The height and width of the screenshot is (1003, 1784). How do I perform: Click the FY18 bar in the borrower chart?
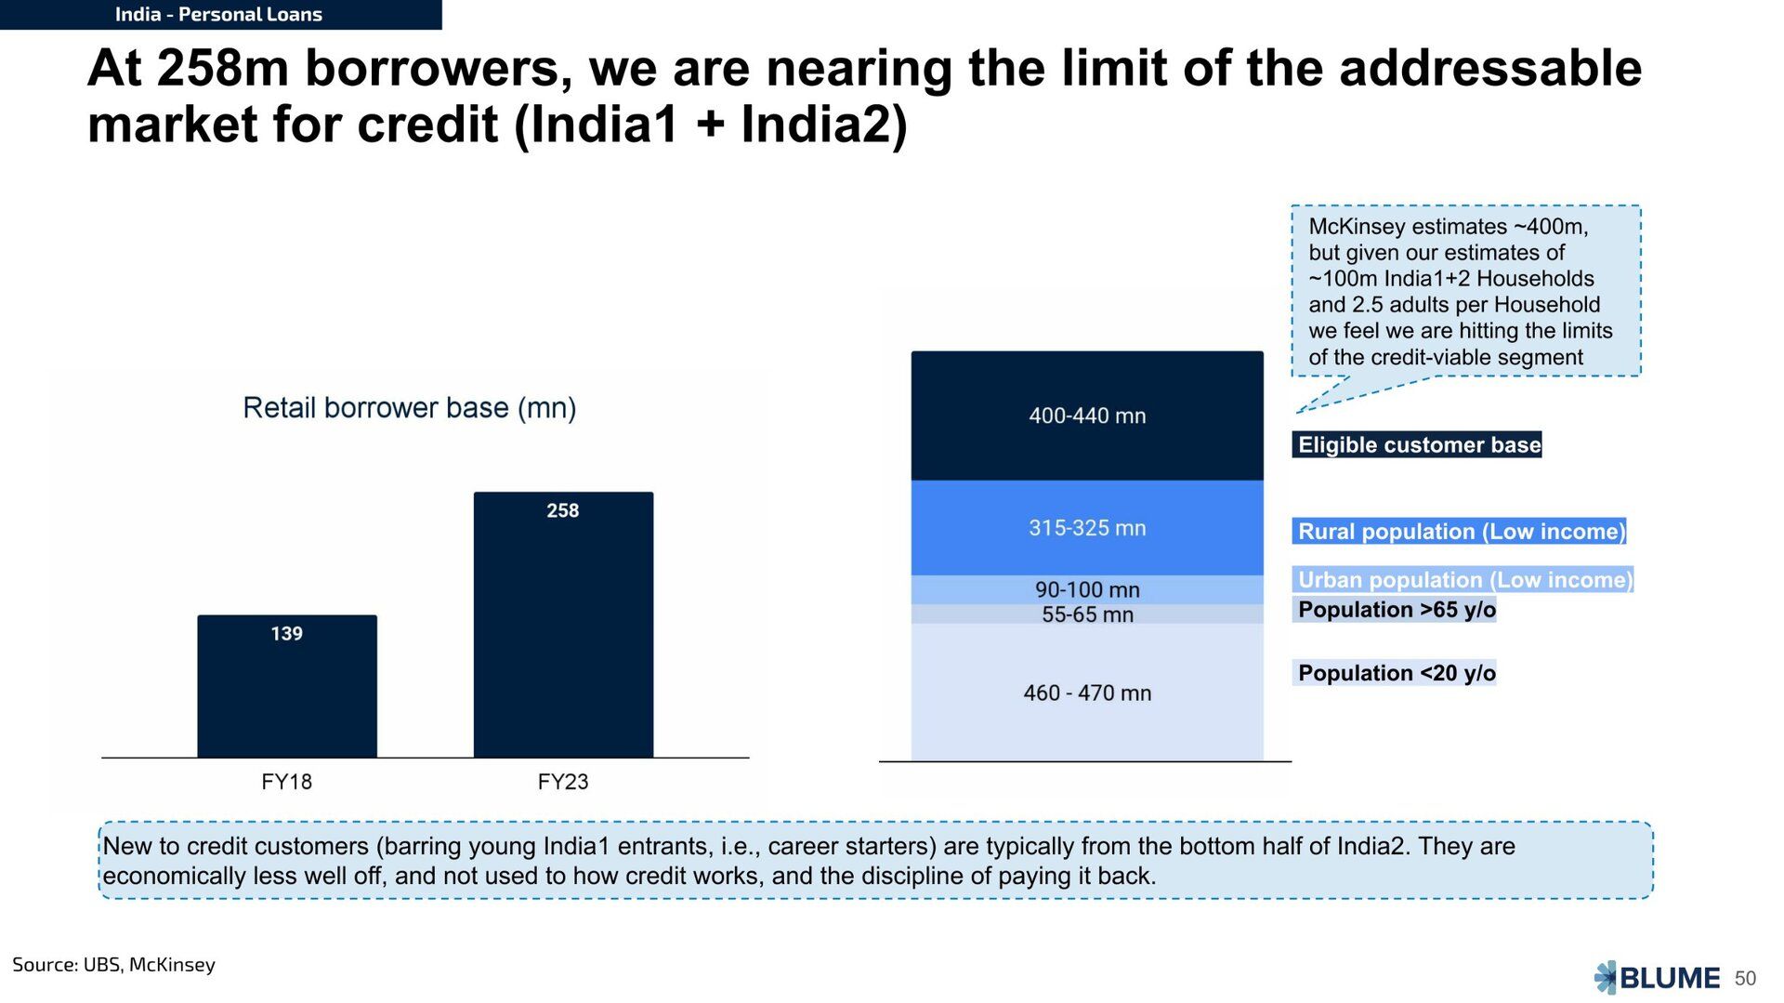coord(287,686)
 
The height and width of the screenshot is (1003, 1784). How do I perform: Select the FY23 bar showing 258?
coord(563,625)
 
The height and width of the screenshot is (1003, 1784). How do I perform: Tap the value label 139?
coord(287,633)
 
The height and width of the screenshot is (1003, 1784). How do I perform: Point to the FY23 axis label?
coord(563,782)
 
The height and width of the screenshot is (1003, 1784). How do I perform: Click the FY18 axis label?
coord(287,782)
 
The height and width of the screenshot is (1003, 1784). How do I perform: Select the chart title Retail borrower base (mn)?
coord(410,408)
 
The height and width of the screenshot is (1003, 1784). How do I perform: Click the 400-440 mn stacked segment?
coord(1087,416)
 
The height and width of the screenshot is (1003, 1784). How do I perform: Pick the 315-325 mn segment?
coord(1087,528)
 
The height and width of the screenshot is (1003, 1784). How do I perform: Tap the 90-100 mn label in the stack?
coord(1087,589)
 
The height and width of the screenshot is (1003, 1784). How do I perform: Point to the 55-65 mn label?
coord(1087,614)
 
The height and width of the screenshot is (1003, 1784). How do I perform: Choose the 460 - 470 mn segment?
coord(1087,693)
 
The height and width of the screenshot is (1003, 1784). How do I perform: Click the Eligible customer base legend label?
coord(1417,444)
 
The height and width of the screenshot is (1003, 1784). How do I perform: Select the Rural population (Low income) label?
coord(1460,531)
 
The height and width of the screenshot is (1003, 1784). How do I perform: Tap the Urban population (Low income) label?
coord(1463,579)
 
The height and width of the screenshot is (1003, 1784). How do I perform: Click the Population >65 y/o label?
coord(1395,610)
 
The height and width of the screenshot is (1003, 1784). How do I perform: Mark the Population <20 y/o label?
coord(1395,673)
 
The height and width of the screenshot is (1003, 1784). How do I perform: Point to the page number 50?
coord(1745,979)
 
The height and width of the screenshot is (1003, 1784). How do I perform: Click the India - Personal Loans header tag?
coord(219,15)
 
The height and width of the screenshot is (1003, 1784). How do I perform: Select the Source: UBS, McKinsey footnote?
coord(113,965)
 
